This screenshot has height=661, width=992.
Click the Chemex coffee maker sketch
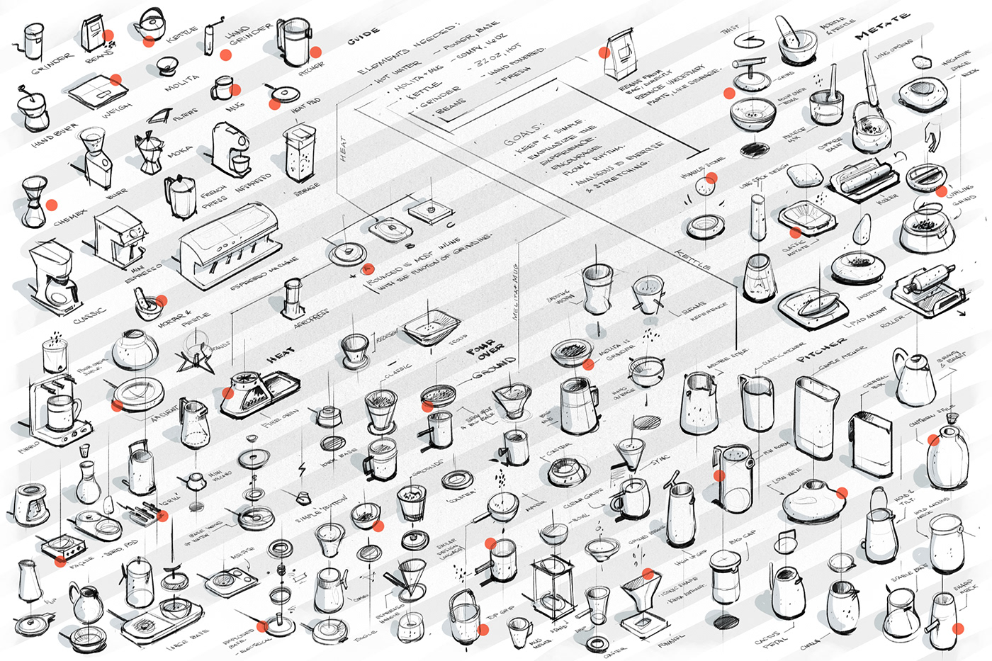pos(33,202)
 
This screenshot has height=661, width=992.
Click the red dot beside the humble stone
pos(711,178)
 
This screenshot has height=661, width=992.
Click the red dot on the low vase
pos(842,493)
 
